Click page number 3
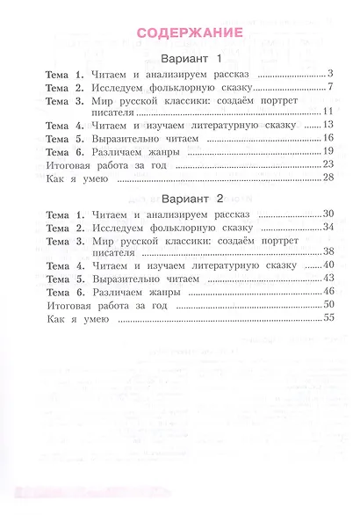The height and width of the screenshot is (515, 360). [x=328, y=74]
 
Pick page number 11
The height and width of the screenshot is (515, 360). [x=327, y=112]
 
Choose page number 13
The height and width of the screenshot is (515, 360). [x=327, y=125]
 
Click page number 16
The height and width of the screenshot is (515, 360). [x=327, y=138]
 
